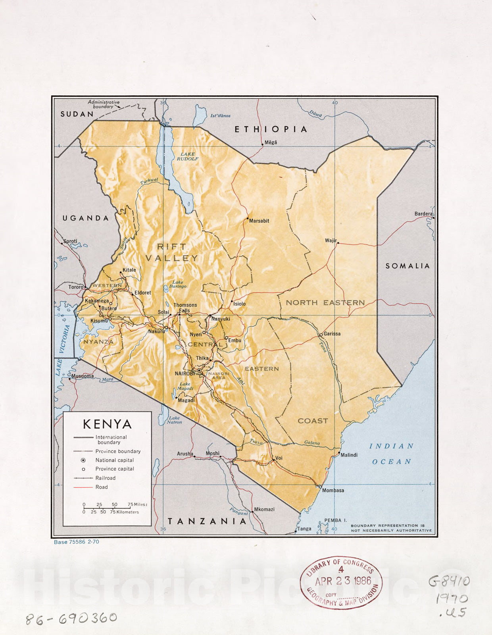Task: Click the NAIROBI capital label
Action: (x=184, y=373)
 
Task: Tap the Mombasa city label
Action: (x=333, y=491)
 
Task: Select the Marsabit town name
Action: (x=259, y=221)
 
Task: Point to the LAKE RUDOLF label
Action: (x=188, y=156)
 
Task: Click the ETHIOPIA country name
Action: (x=271, y=129)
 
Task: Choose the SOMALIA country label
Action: (x=407, y=266)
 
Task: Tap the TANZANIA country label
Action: (x=207, y=521)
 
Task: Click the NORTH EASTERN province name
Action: (x=325, y=303)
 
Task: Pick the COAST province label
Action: (x=313, y=421)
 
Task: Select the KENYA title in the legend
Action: (x=107, y=424)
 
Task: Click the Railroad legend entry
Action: (x=105, y=478)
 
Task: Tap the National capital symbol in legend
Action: (x=83, y=460)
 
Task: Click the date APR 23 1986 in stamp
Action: (x=343, y=581)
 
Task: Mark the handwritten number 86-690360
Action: (x=72, y=618)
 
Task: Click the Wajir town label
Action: (x=330, y=241)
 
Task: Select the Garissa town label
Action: (x=332, y=334)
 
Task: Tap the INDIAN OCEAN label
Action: (x=392, y=454)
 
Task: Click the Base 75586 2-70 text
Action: (x=76, y=542)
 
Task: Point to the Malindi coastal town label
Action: (x=349, y=455)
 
